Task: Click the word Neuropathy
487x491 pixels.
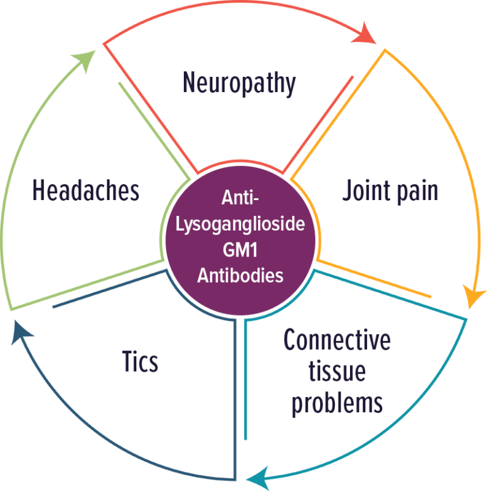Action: [x=239, y=83]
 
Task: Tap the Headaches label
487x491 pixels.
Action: [x=86, y=190]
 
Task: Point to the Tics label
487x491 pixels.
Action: [x=140, y=361]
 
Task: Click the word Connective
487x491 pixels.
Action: [x=337, y=340]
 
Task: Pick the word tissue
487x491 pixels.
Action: [x=337, y=372]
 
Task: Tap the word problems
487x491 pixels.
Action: [x=337, y=403]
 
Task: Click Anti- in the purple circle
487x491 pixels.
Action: [x=240, y=198]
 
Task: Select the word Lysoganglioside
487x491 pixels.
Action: [x=240, y=224]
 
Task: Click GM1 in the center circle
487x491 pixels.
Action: [x=240, y=250]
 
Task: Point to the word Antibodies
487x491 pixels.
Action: [x=240, y=276]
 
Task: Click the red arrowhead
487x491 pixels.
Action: [x=365, y=34]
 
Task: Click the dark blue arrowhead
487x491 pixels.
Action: [x=21, y=333]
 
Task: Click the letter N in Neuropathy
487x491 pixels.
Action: [x=189, y=82]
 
